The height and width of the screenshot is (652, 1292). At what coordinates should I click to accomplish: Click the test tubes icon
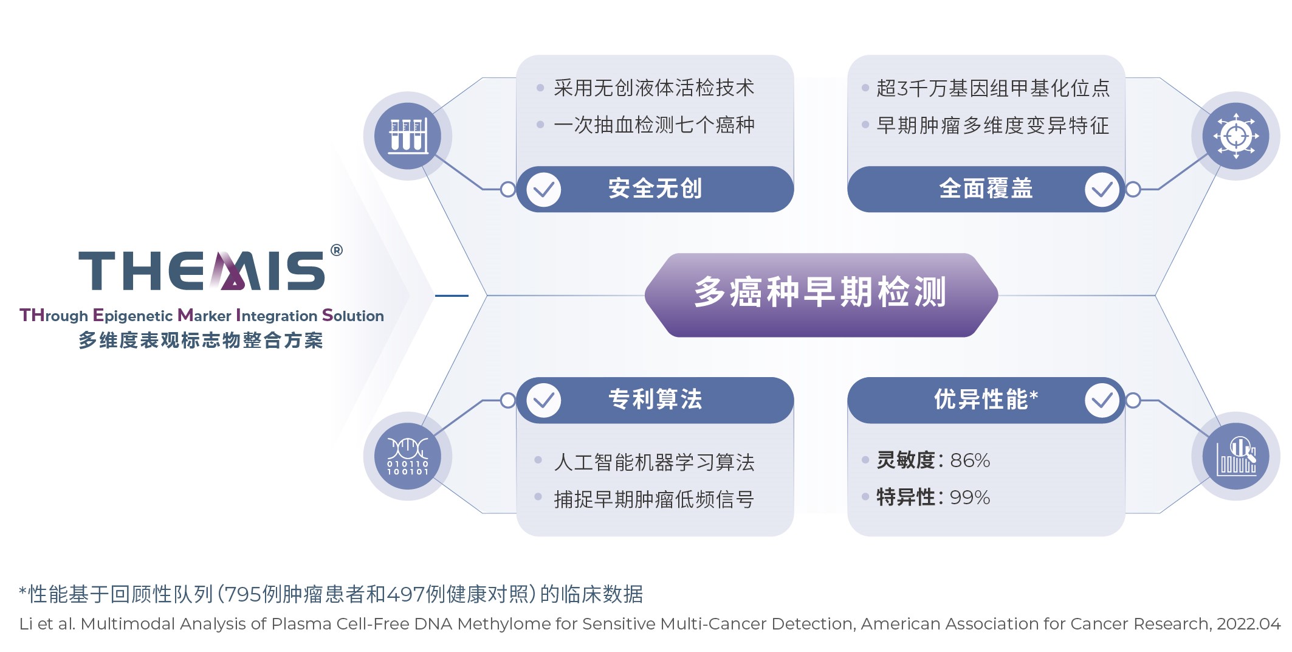click(408, 136)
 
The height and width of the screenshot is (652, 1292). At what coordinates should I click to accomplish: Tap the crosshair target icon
click(1235, 136)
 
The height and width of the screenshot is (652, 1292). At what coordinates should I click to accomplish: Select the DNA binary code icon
click(408, 456)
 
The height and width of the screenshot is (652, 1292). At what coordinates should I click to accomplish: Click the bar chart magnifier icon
click(1235, 456)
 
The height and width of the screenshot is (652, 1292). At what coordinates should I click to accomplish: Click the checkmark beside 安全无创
click(543, 190)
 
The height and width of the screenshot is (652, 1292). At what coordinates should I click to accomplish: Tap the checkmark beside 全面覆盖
click(1102, 190)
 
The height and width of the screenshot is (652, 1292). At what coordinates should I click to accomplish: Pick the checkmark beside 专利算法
click(543, 400)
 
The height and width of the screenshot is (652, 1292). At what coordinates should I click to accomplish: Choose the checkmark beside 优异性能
click(1102, 400)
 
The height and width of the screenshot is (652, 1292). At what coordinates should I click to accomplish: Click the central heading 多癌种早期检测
click(820, 293)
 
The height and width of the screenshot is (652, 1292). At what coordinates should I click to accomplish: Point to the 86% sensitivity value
click(970, 460)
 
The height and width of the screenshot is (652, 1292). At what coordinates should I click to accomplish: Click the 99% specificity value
click(970, 498)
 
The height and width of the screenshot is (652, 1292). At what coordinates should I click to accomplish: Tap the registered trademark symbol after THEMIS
click(336, 250)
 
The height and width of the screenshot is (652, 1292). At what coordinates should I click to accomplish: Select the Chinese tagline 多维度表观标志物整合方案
click(201, 341)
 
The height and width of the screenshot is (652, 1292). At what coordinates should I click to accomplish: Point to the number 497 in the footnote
click(405, 594)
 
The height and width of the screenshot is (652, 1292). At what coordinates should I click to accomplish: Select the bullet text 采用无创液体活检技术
click(654, 88)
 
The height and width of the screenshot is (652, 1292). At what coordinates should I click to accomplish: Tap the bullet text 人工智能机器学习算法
click(654, 462)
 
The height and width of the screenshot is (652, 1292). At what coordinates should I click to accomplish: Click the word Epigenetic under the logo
click(132, 316)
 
